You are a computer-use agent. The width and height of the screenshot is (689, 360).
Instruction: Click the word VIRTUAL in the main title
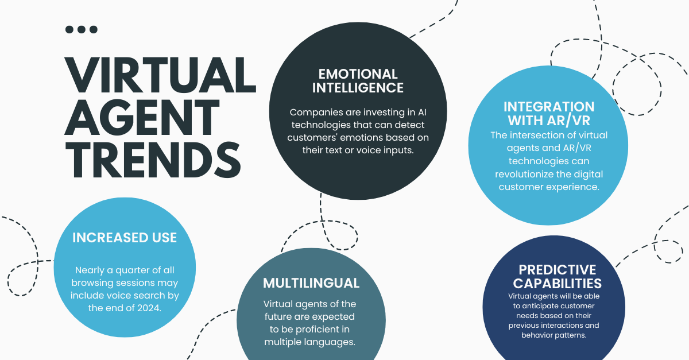(x=160, y=75)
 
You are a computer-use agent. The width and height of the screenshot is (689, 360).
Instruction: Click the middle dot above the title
(x=82, y=29)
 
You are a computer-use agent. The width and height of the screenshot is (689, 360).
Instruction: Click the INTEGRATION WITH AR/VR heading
(x=549, y=114)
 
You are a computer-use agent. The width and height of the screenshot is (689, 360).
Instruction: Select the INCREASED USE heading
(x=125, y=238)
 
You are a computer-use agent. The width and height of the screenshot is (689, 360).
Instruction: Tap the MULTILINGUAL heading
(x=311, y=283)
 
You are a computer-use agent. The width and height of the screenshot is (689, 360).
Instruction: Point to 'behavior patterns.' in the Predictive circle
(x=553, y=335)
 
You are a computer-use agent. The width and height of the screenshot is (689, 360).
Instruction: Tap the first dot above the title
(x=69, y=29)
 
